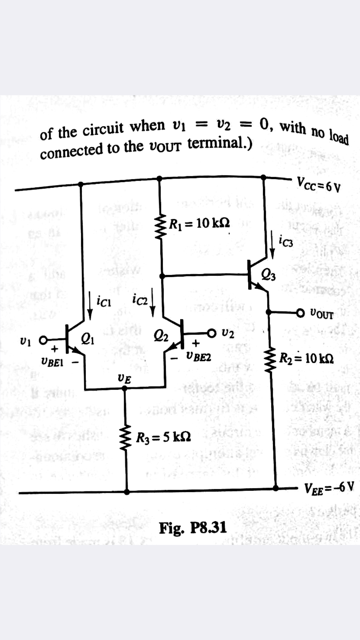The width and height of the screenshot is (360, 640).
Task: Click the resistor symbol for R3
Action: coord(127,437)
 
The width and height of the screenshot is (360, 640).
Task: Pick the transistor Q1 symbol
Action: coord(76,336)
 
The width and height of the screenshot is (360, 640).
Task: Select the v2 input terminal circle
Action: coord(213,334)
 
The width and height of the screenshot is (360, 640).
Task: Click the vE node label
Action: coord(123,377)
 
